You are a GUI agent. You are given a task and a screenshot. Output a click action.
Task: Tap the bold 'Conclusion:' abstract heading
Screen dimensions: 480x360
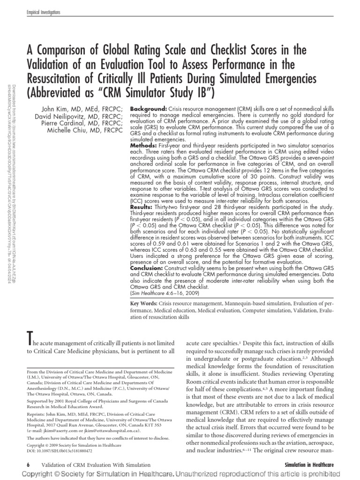(x=147, y=269)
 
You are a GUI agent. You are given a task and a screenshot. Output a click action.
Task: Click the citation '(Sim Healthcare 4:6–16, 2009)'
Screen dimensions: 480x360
(x=164, y=293)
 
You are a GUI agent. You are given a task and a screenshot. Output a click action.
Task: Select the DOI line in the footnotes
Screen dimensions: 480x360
(x=60, y=450)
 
